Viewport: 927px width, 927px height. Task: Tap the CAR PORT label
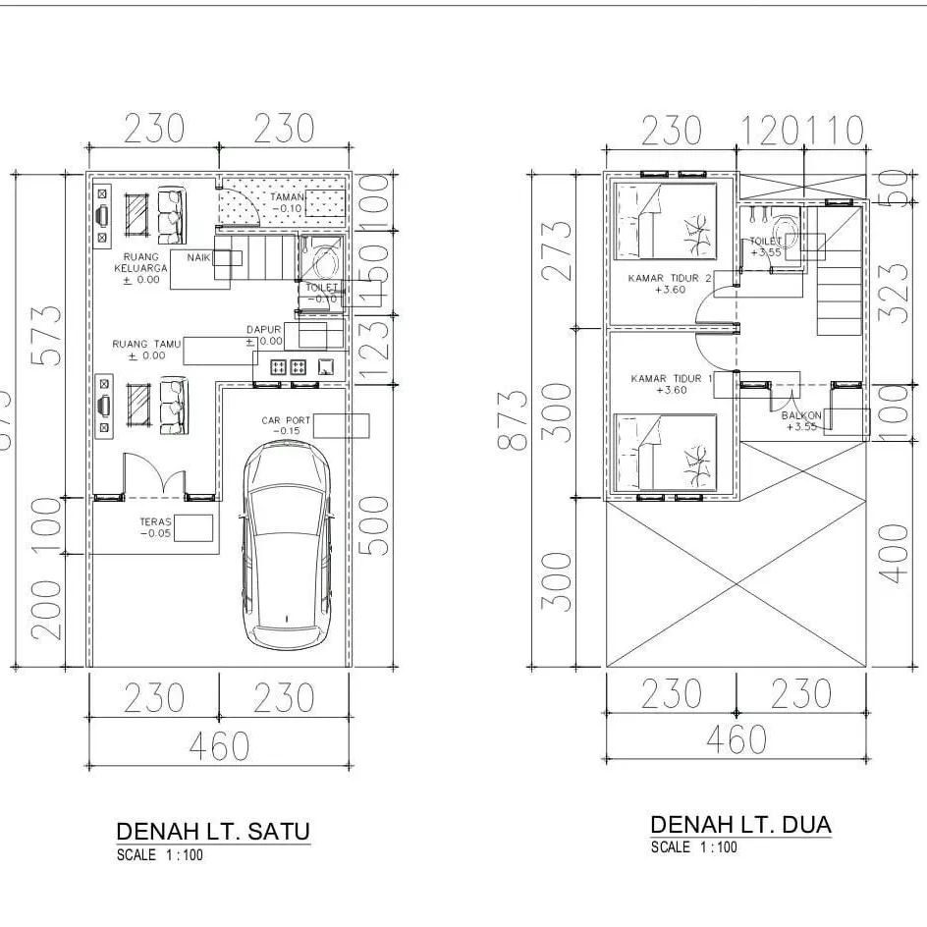[x=286, y=425]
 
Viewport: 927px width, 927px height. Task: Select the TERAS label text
[x=155, y=527]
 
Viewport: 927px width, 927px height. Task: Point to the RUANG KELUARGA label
[x=136, y=268]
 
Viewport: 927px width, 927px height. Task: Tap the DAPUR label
[x=264, y=336]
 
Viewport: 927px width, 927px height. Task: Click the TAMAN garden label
[x=289, y=202]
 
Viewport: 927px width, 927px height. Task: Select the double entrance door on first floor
[x=152, y=476]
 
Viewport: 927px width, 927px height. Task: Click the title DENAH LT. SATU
[x=213, y=831]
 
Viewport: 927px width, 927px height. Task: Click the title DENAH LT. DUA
[x=740, y=824]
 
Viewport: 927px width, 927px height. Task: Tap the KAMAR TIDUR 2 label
[x=671, y=283]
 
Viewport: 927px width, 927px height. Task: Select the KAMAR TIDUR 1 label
[x=671, y=383]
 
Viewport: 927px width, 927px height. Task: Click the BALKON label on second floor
[x=801, y=420]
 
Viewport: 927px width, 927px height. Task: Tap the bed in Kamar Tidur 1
[x=665, y=451]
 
